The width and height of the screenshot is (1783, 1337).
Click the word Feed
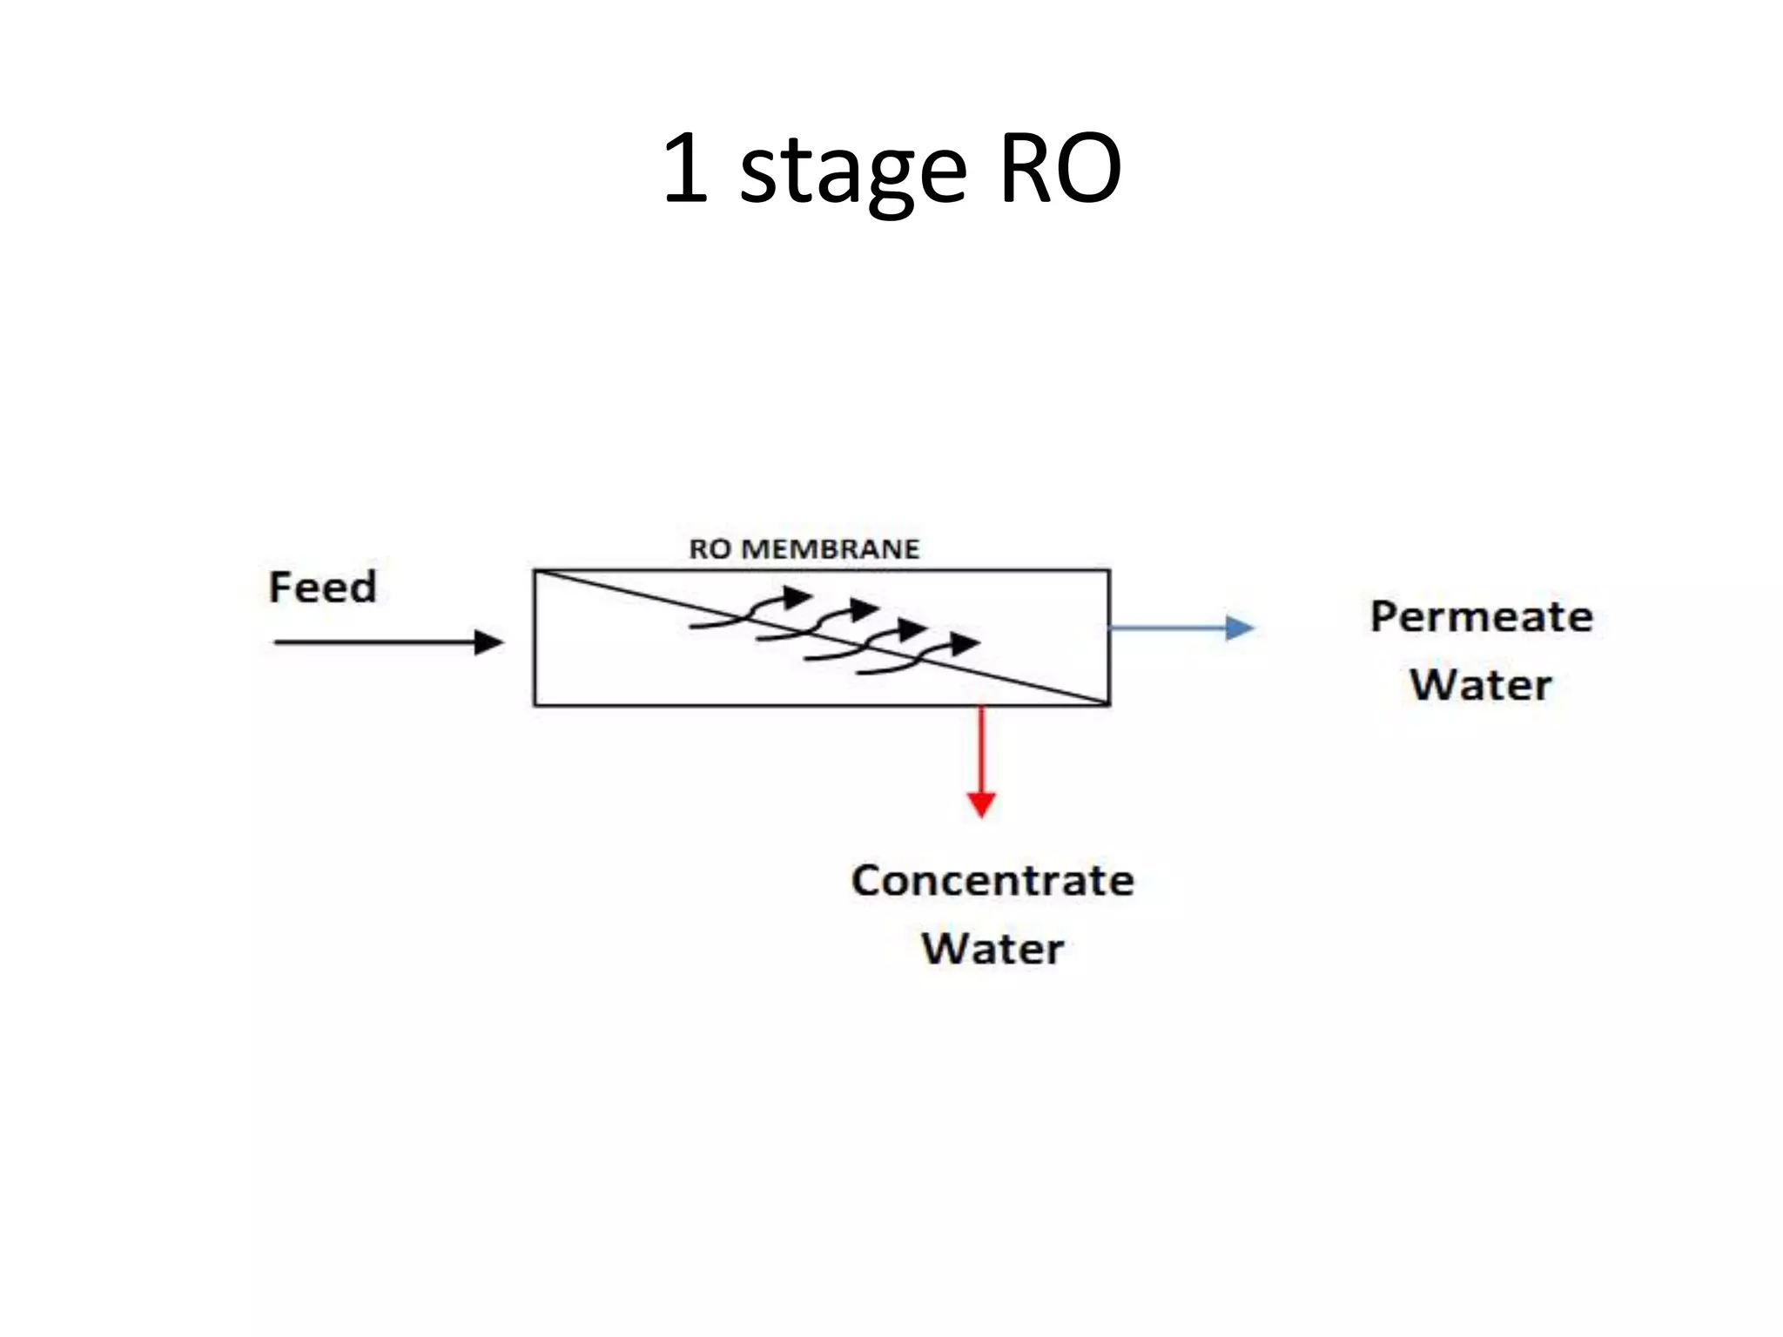(x=322, y=587)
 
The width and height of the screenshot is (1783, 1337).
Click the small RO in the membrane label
(x=710, y=549)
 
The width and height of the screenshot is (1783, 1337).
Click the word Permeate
(x=1481, y=617)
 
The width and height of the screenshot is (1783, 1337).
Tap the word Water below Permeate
(x=1481, y=684)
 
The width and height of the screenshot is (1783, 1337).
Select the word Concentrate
(x=992, y=880)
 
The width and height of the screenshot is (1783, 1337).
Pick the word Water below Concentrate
(x=992, y=948)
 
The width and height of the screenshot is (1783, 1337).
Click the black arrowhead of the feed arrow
(x=490, y=642)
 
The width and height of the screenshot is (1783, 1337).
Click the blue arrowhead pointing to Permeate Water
(x=1240, y=627)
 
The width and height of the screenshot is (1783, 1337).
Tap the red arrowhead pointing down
(x=981, y=804)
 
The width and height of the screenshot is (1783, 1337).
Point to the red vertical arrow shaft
(x=981, y=749)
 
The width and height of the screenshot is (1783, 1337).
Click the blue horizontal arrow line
(x=1167, y=627)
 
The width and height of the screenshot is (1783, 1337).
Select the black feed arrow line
(x=374, y=642)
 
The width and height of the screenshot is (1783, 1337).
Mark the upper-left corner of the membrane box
(x=535, y=571)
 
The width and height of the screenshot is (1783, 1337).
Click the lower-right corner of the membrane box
(x=1109, y=703)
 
